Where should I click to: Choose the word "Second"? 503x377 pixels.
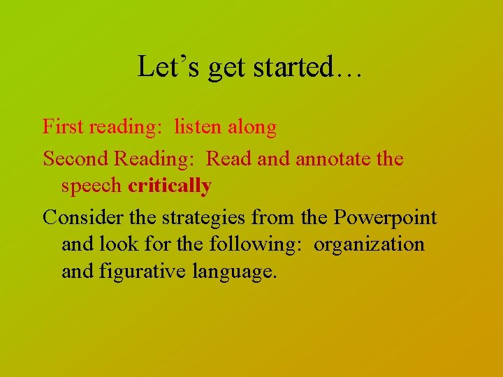coord(75,158)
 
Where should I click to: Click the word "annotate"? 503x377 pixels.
coord(335,158)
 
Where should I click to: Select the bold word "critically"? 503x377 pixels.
coord(170,186)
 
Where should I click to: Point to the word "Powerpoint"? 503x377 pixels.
coord(385,218)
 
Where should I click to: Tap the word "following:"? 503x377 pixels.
coord(262,244)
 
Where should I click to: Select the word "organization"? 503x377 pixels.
coord(369,244)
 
